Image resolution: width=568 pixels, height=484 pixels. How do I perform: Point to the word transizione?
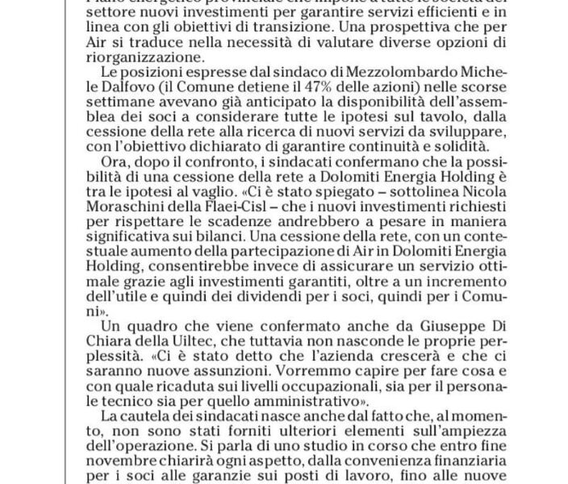306,23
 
